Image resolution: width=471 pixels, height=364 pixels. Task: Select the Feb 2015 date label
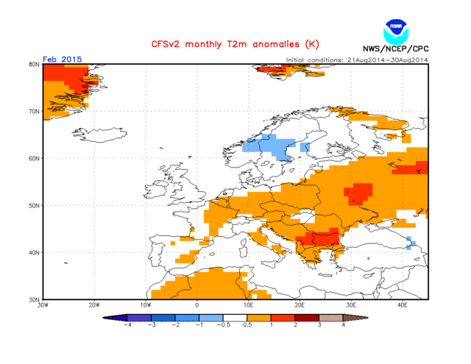[63, 59]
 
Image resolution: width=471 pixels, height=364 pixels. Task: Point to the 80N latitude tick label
[34, 65]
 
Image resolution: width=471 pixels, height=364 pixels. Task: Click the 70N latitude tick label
[34, 112]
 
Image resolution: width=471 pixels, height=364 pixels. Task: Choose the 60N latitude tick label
[34, 158]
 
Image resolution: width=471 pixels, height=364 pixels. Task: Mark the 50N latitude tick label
[34, 205]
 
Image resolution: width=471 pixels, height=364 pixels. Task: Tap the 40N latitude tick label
[34, 252]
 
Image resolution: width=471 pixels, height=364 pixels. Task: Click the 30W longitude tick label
[43, 304]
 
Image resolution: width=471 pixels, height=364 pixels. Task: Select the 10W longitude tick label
[146, 304]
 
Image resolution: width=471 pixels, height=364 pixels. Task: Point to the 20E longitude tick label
[300, 304]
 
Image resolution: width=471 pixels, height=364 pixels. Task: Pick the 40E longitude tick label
[403, 304]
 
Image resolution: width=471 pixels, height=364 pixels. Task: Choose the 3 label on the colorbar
[319, 324]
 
